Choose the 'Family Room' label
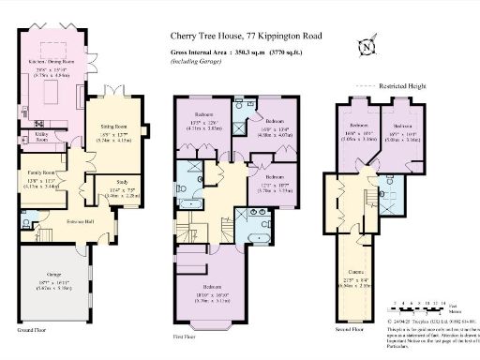[x=40, y=173]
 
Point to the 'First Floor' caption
[x=184, y=335]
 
